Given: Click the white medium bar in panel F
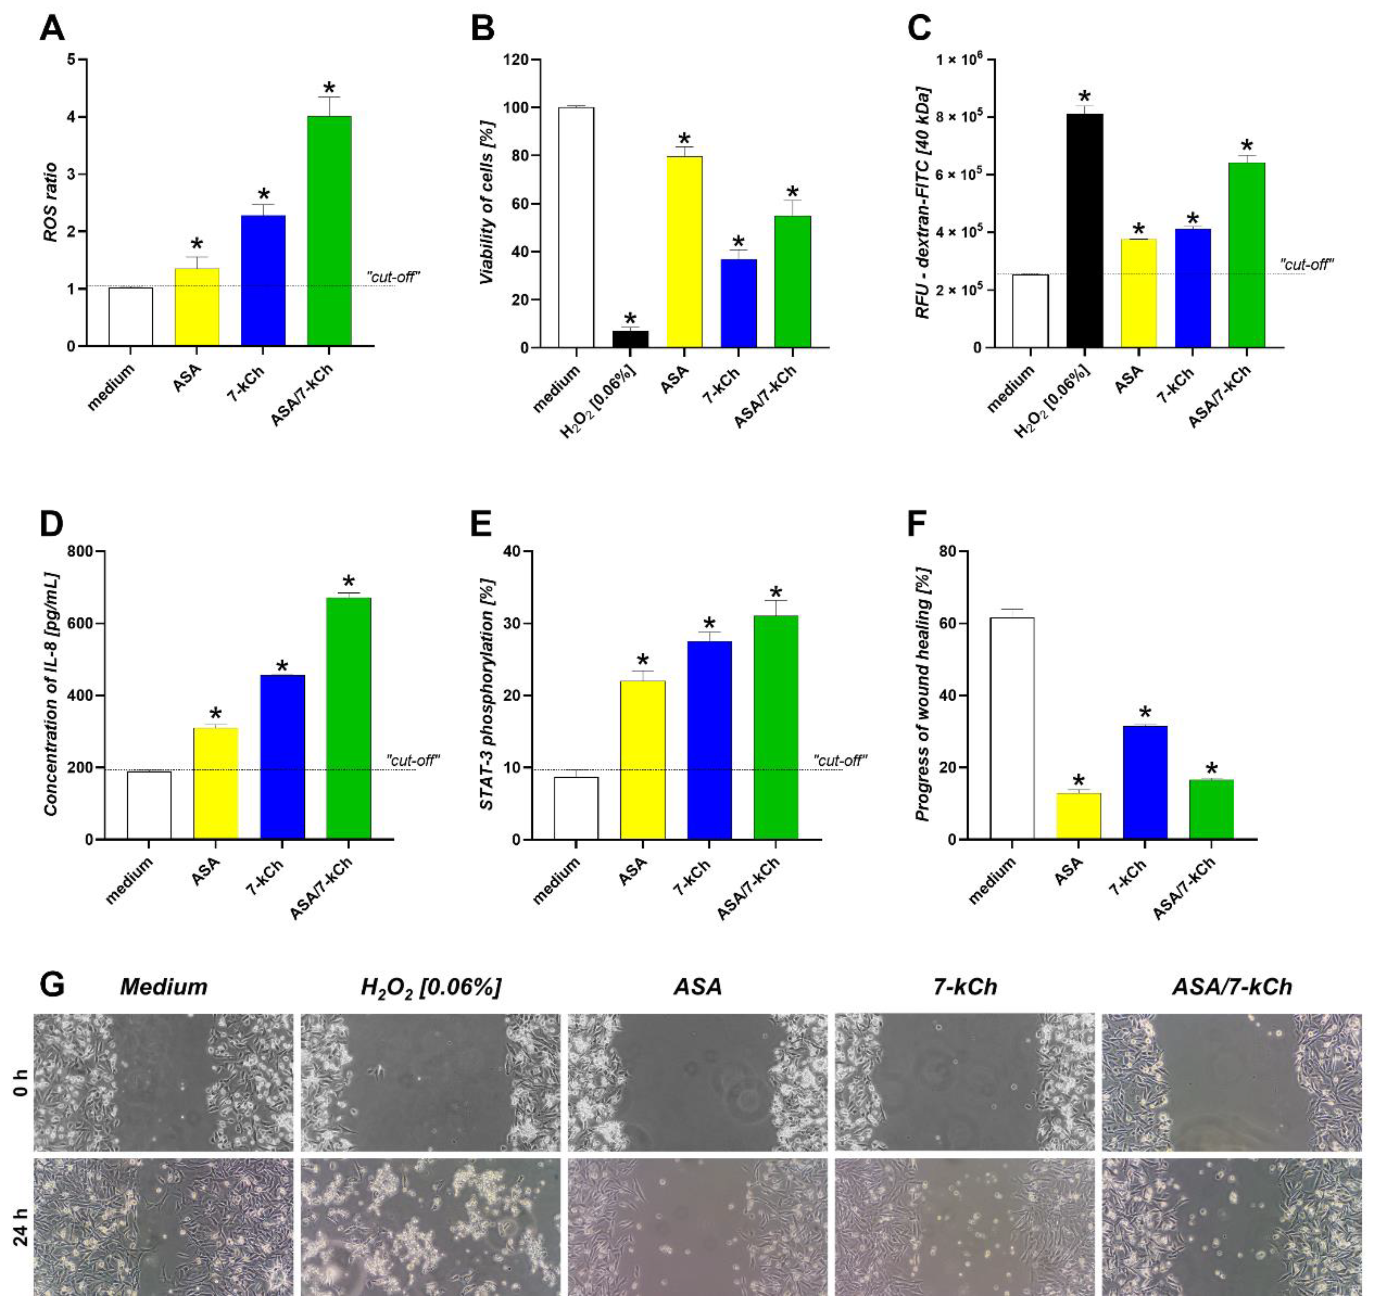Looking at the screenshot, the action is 1012,728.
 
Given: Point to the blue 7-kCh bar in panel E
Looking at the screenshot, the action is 709,740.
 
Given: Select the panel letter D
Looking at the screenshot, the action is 52,524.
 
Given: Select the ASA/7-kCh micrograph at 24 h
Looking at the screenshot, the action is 1232,1227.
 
